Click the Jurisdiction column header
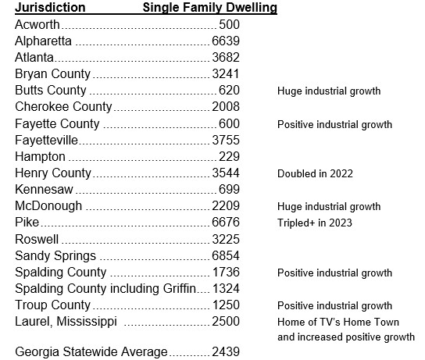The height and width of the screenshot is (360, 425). (x=50, y=7)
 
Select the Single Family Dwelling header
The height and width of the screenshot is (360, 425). (x=210, y=8)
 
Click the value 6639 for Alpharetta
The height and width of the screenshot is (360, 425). (x=226, y=41)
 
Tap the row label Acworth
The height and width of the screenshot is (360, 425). (x=37, y=25)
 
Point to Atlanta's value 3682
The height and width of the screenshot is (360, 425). (x=226, y=58)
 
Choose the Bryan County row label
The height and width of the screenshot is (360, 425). (x=52, y=74)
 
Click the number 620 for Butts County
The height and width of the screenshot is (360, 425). (x=229, y=91)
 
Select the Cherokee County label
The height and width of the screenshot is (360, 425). (x=63, y=107)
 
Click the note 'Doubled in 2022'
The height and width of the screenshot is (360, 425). (x=315, y=173)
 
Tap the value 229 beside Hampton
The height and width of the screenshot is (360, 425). (x=229, y=156)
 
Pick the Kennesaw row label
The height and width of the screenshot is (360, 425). (x=44, y=189)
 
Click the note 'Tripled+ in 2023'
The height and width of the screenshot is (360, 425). (x=315, y=223)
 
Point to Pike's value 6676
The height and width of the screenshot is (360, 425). (x=226, y=222)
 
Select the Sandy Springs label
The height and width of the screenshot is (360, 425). (x=55, y=256)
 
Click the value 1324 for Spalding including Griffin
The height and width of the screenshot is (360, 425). (x=226, y=288)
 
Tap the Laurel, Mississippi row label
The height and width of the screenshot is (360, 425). (x=66, y=322)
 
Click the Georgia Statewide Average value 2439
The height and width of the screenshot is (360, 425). (x=226, y=352)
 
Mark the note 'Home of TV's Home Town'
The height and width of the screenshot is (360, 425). (x=338, y=322)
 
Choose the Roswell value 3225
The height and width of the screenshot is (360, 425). (x=226, y=239)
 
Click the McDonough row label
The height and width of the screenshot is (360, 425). (x=48, y=206)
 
